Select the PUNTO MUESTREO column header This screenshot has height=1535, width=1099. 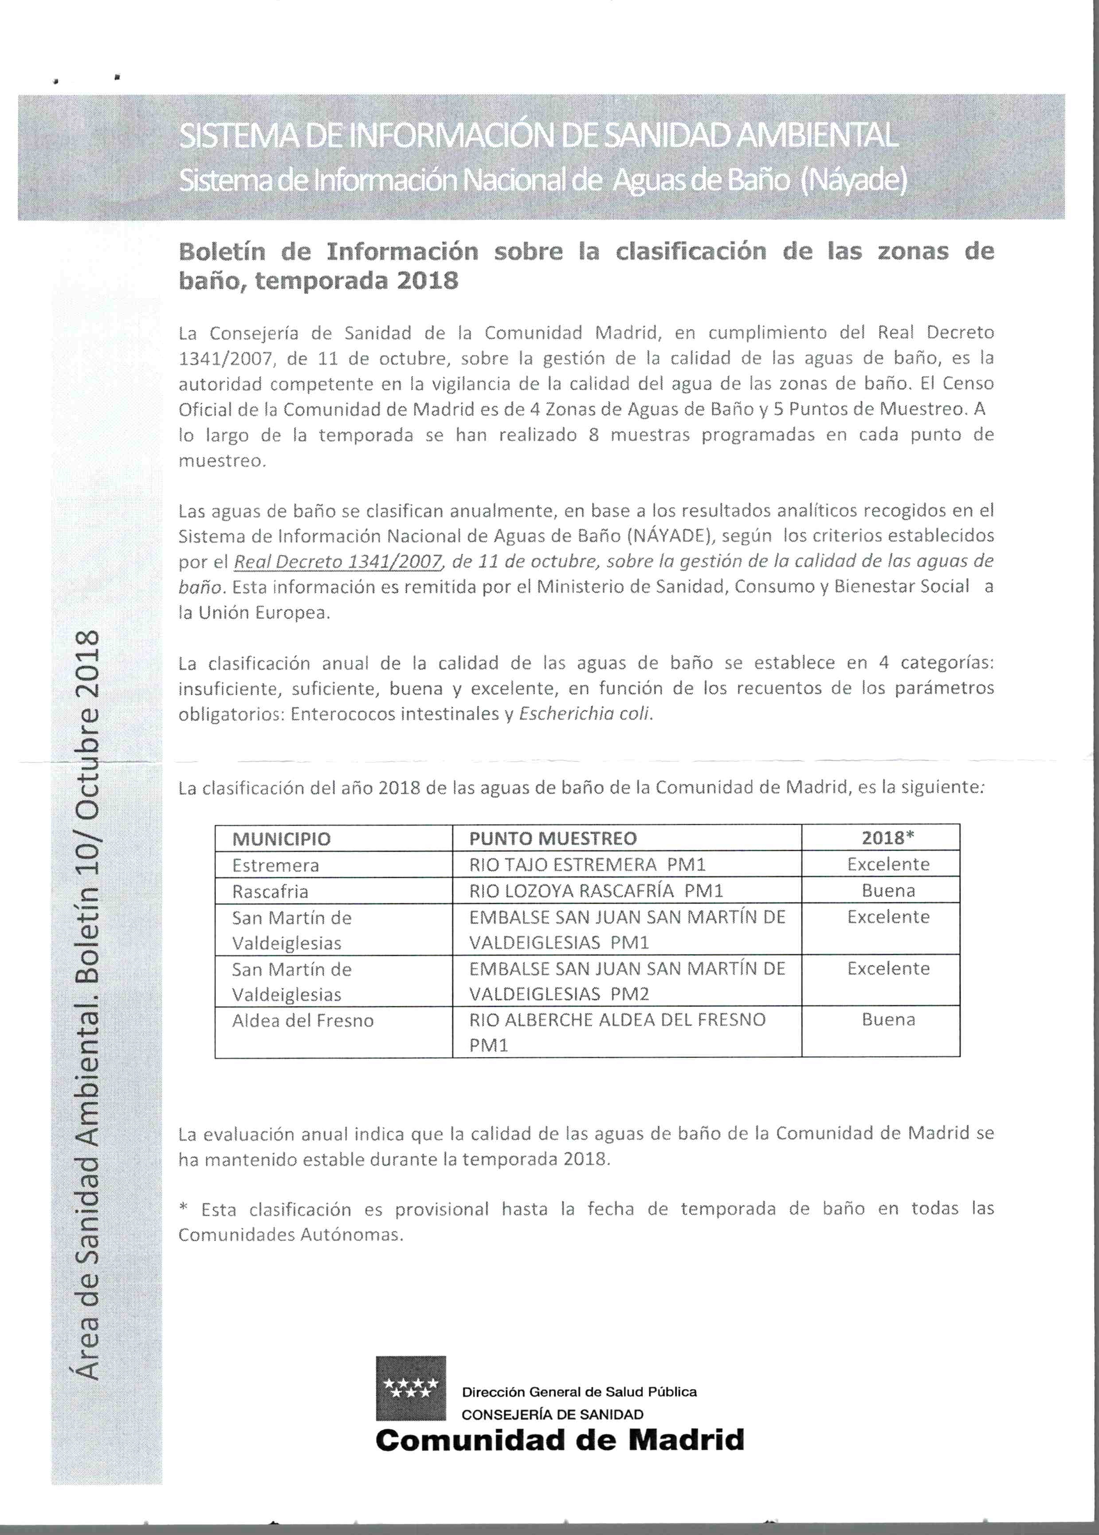click(x=553, y=839)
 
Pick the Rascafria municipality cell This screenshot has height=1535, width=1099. click(x=270, y=891)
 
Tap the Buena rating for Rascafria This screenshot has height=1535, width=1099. click(x=888, y=890)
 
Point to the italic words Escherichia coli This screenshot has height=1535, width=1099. click(x=584, y=714)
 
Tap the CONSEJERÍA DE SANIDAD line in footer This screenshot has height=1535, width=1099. click(x=552, y=1414)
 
